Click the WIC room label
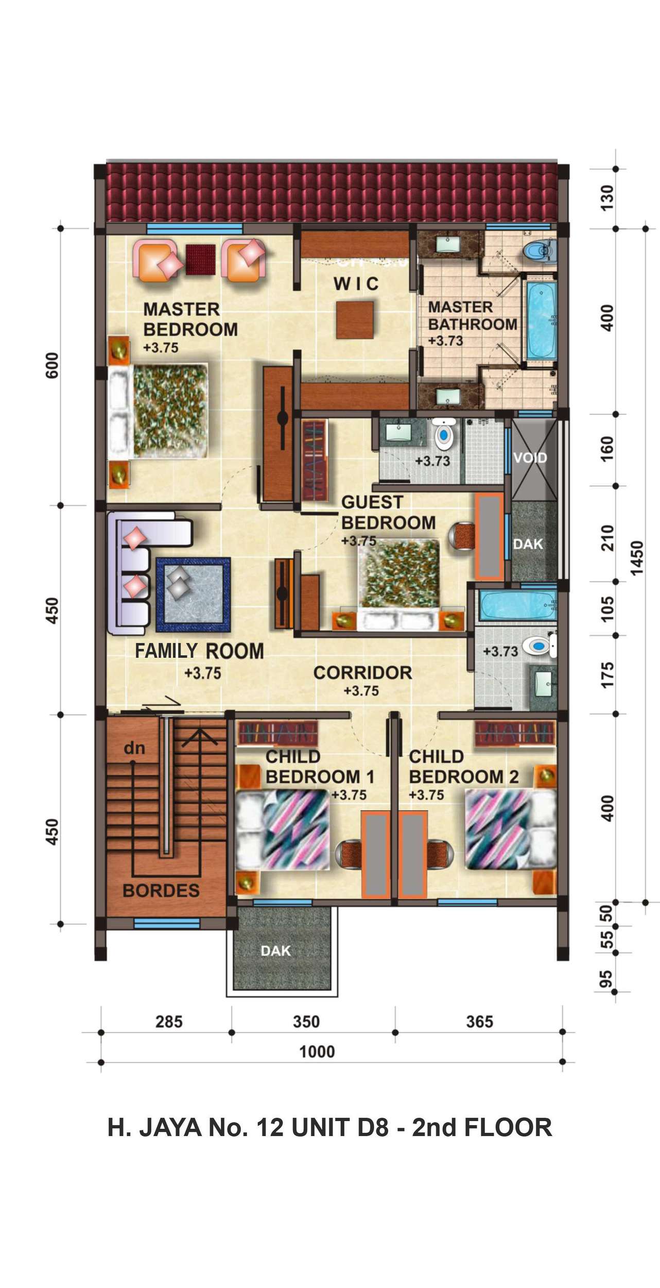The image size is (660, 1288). click(x=356, y=283)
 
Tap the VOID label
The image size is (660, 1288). click(x=530, y=457)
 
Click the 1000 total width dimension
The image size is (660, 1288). click(x=317, y=1052)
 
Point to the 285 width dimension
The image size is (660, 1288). click(x=169, y=1022)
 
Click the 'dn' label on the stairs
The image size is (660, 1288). click(x=134, y=748)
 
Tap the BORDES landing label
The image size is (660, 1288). click(x=161, y=891)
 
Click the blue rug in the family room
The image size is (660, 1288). click(x=193, y=595)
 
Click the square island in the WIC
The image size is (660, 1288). click(x=356, y=320)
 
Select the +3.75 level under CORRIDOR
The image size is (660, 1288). click(x=362, y=690)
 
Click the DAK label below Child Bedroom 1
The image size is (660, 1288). click(x=276, y=951)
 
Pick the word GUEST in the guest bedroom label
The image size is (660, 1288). click(x=372, y=502)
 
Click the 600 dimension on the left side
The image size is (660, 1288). click(x=52, y=366)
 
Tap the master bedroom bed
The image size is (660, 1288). click(x=158, y=411)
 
